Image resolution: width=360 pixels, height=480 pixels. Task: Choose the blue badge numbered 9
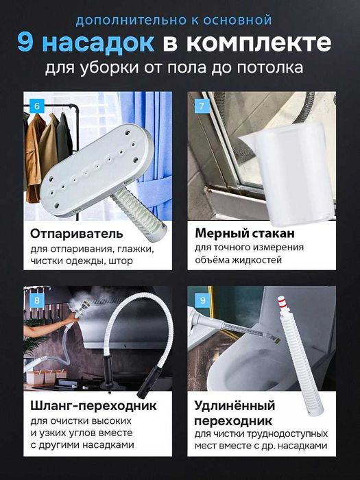(202, 299)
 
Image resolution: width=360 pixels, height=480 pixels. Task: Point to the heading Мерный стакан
(245, 234)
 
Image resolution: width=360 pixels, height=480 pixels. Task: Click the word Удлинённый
(235, 405)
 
